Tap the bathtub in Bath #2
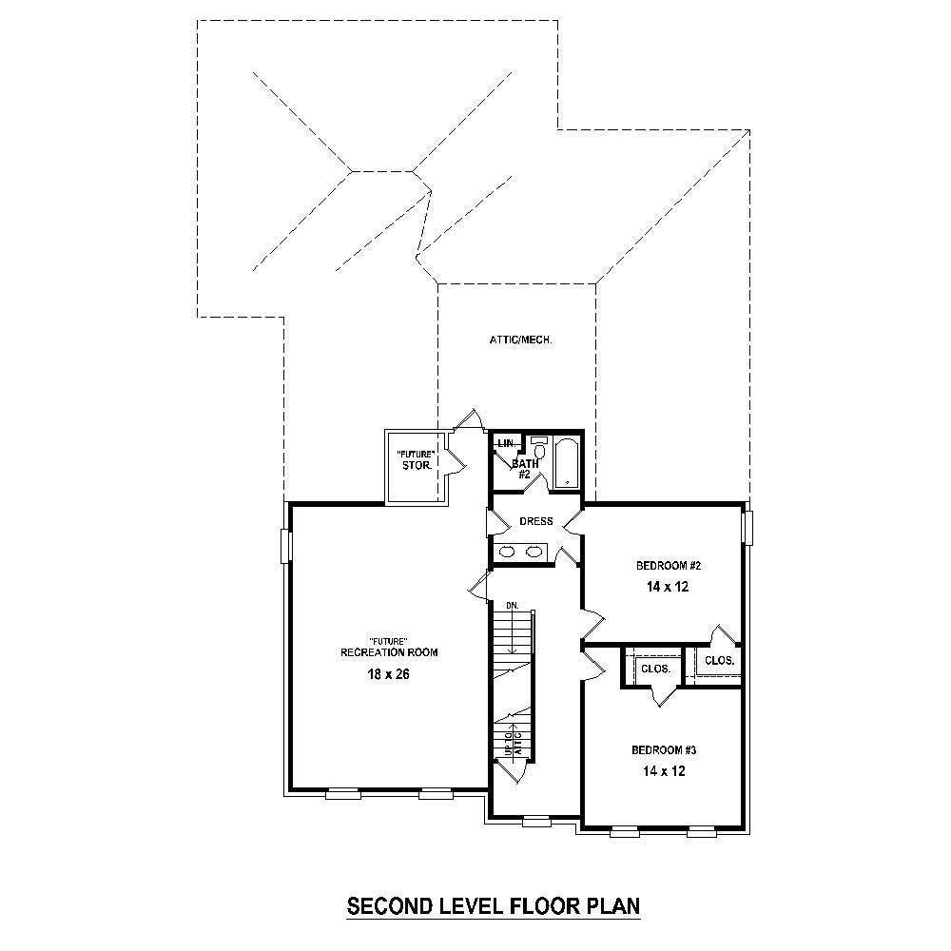(x=566, y=463)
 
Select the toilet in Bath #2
(x=539, y=448)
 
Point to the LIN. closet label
(x=504, y=443)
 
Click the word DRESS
(x=535, y=521)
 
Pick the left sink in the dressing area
(x=508, y=552)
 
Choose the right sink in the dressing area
(x=535, y=552)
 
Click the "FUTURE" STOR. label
(x=417, y=459)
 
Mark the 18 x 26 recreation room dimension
(x=390, y=674)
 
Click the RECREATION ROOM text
(x=390, y=652)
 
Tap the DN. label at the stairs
(x=512, y=605)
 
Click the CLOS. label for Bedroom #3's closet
(x=656, y=669)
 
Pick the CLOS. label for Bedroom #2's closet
(x=719, y=659)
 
